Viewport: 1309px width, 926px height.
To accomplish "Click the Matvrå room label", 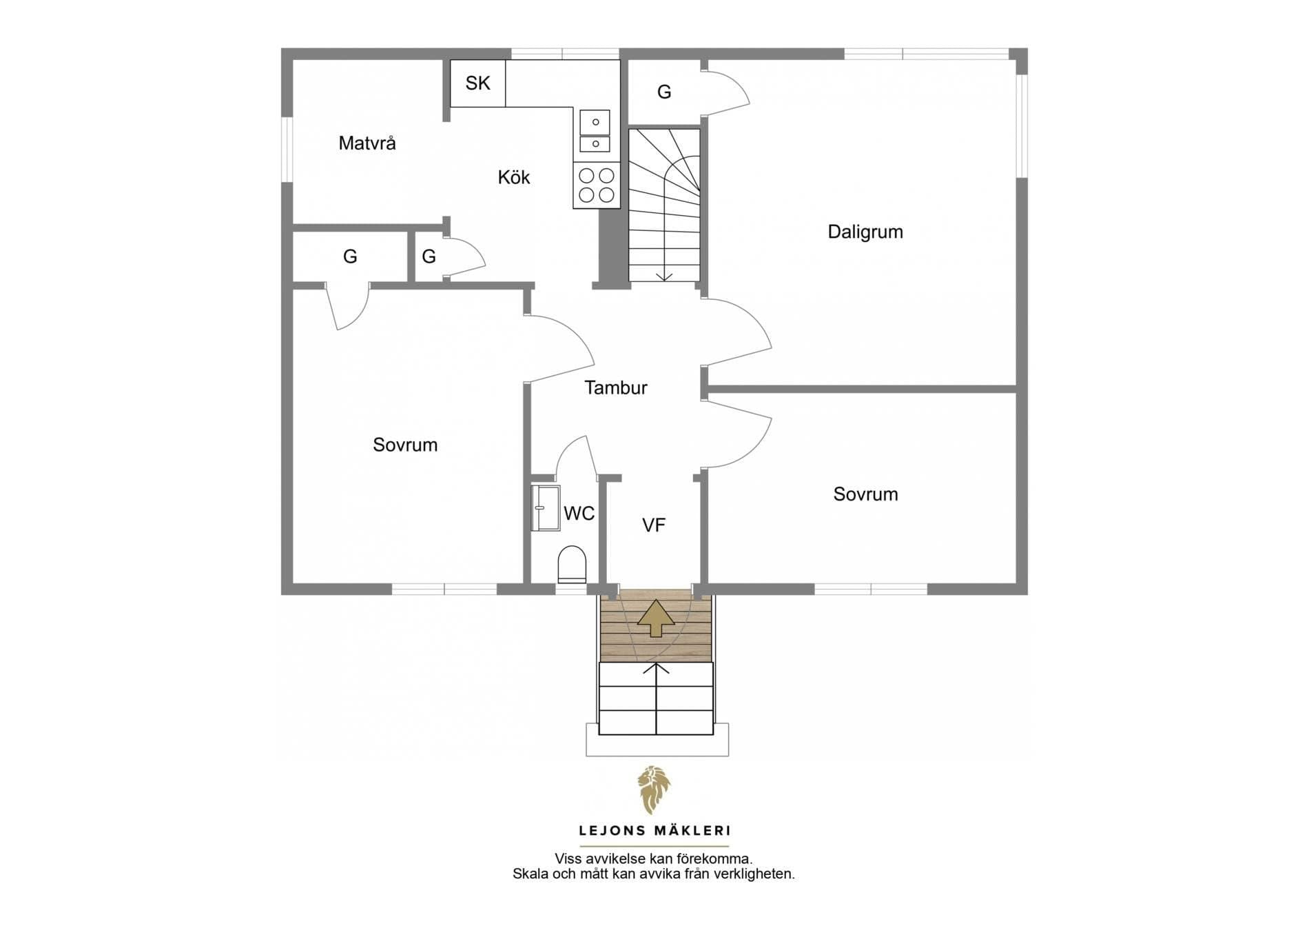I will (x=367, y=143).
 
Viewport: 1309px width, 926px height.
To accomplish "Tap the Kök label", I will (x=514, y=177).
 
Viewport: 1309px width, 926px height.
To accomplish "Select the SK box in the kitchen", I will (x=478, y=83).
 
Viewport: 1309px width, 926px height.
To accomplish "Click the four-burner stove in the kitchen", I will (x=597, y=185).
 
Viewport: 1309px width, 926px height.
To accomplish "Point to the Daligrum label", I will (x=865, y=232).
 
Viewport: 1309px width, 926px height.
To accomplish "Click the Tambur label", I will (x=616, y=387).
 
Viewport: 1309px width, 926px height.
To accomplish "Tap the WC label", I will (x=579, y=513).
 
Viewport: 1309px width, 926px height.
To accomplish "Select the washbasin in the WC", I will (x=546, y=508).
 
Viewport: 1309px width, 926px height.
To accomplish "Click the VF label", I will (x=654, y=525).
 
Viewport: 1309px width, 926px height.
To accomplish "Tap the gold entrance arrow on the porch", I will (x=655, y=617).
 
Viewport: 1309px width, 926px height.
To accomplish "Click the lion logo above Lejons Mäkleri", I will (x=654, y=789).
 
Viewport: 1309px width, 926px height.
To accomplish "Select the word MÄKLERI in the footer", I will (x=694, y=831).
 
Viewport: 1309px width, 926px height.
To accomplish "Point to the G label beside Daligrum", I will (x=664, y=92).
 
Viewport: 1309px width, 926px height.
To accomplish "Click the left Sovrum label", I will (x=405, y=445).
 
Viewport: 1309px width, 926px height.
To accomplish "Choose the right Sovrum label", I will (x=865, y=494).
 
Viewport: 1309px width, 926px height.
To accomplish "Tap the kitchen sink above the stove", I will (x=595, y=131).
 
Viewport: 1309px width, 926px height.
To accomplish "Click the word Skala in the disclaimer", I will (x=530, y=874).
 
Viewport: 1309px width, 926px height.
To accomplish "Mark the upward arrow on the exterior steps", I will (x=656, y=669).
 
